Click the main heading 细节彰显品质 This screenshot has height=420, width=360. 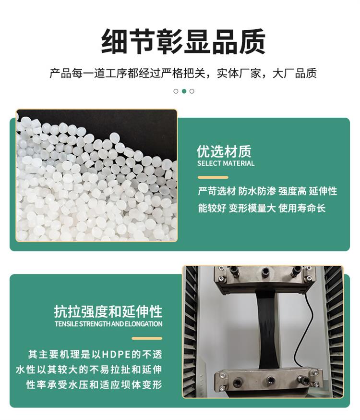[x=183, y=42]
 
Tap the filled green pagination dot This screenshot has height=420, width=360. [x=184, y=91]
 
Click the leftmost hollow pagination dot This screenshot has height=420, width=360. [x=176, y=91]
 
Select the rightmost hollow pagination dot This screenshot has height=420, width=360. [x=192, y=91]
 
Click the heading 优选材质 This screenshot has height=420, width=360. [x=224, y=151]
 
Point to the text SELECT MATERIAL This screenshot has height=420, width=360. [x=226, y=163]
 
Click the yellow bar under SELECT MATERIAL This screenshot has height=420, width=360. [x=213, y=177]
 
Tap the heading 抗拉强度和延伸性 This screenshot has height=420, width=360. [x=108, y=311]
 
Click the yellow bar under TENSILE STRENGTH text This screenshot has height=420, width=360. [x=147, y=338]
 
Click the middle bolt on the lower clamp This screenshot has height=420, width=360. [x=271, y=380]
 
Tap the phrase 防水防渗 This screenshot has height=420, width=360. [x=257, y=191]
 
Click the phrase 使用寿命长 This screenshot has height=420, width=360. [x=302, y=208]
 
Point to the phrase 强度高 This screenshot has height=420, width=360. [x=292, y=191]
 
